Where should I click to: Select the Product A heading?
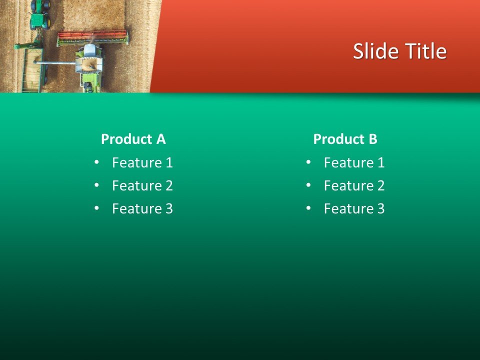click(x=133, y=139)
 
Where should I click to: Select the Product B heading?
click(x=345, y=139)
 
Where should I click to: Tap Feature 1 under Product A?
click(x=142, y=162)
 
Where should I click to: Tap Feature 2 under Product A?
click(x=142, y=185)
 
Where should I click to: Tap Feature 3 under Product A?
click(x=142, y=208)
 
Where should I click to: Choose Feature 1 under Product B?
click(x=354, y=162)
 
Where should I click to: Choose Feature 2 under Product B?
click(x=354, y=185)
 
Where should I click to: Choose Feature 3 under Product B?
click(x=354, y=208)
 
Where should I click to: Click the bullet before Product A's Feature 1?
click(x=96, y=162)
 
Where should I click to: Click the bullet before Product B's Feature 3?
click(x=308, y=208)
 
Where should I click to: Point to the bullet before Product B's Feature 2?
click(x=308, y=185)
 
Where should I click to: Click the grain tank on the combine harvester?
click(x=89, y=63)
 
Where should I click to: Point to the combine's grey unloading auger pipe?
click(x=55, y=62)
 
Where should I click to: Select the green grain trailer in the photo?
click(x=33, y=70)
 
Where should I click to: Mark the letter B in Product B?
click(x=372, y=139)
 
